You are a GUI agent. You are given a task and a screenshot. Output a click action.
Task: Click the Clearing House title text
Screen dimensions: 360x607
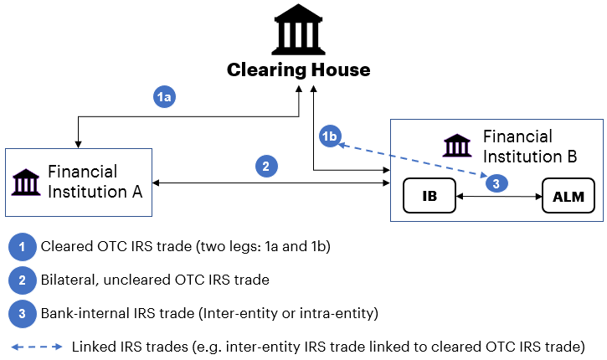click(298, 69)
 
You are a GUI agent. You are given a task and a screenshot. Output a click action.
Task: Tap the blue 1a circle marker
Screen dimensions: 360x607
click(165, 97)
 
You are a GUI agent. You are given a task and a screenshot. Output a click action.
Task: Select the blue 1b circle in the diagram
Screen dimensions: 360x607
click(331, 136)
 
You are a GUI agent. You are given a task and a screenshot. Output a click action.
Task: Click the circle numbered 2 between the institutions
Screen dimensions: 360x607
click(265, 166)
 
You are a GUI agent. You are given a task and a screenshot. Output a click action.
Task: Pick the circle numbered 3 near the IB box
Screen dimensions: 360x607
click(496, 182)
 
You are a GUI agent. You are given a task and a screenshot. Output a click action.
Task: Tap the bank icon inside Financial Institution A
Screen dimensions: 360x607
click(26, 182)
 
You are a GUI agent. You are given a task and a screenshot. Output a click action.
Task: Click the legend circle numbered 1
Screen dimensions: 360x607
click(19, 247)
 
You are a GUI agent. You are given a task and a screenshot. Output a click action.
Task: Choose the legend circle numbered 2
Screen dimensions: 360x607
click(19, 280)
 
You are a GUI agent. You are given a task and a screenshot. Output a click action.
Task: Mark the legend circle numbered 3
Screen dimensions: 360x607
click(19, 313)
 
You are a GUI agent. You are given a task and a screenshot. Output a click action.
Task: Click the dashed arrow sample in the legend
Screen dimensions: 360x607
click(36, 346)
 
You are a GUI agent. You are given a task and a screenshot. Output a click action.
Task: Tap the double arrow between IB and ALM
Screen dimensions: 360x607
click(497, 198)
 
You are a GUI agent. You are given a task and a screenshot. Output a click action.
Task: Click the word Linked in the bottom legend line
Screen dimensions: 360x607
click(93, 346)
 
